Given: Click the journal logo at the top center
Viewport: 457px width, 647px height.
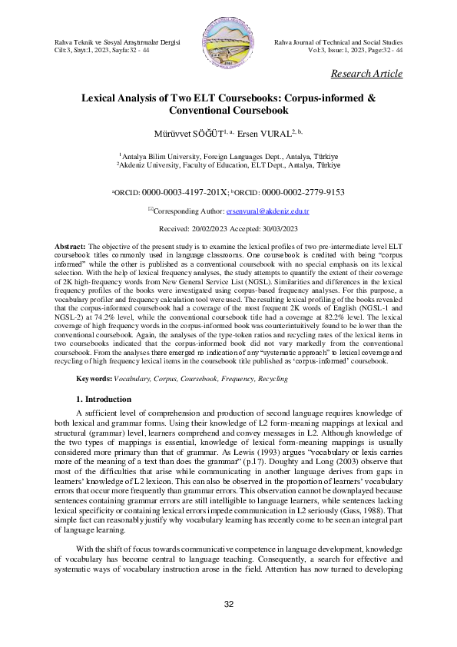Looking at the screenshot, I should point(228,41).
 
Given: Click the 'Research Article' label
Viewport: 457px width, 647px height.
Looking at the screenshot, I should point(366,74).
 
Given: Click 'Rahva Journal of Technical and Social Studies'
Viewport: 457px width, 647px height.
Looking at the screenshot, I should point(338,41).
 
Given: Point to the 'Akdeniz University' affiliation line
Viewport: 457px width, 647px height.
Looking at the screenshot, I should point(228,164).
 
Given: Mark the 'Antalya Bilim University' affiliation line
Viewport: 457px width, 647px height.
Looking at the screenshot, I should point(228,155).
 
